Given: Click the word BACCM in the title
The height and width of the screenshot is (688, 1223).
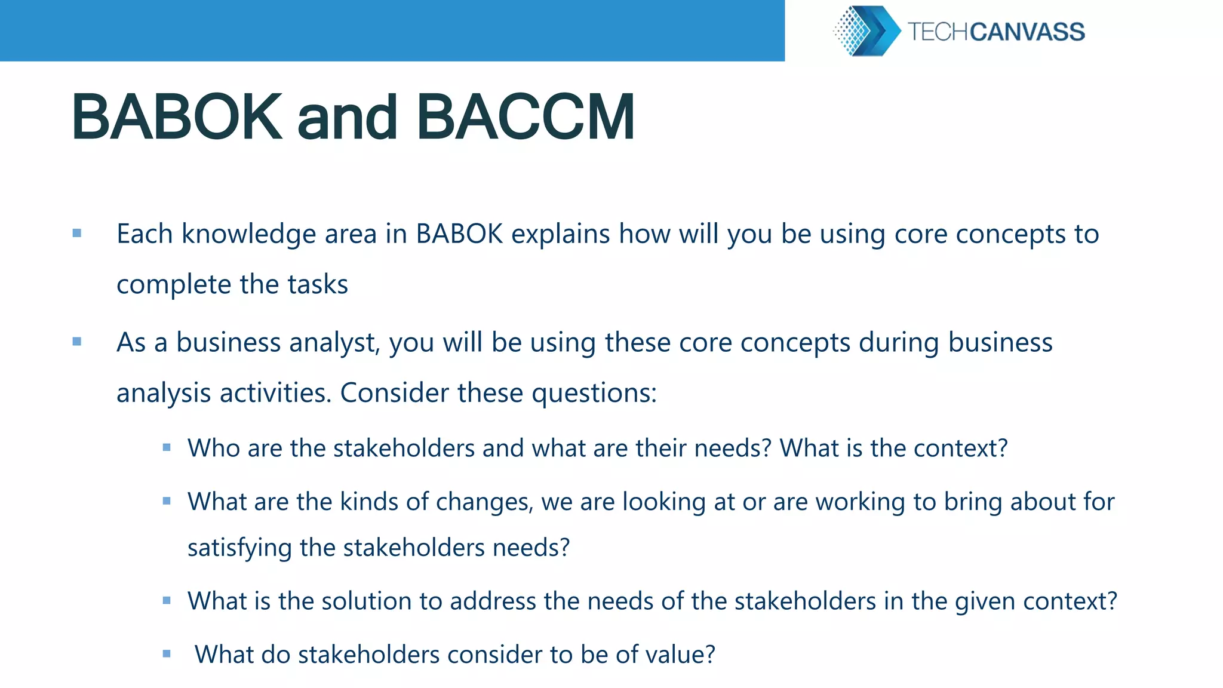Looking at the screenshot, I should tap(526, 118).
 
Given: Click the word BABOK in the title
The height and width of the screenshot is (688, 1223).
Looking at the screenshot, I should tap(176, 118).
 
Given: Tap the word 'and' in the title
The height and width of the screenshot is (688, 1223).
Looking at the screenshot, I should tap(347, 119).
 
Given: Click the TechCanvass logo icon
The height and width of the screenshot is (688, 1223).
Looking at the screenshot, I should tap(866, 31).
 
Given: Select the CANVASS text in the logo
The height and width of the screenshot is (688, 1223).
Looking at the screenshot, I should tap(1027, 32).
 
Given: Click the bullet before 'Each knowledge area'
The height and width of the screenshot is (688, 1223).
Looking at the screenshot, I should tap(77, 234).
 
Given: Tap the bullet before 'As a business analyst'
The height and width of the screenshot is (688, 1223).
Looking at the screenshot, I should tap(77, 342).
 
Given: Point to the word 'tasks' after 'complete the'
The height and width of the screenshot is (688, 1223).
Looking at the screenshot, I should tap(318, 284).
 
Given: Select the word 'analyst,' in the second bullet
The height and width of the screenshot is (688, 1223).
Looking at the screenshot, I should tap(336, 343).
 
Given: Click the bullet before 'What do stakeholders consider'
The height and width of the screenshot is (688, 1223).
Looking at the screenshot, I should tap(167, 654).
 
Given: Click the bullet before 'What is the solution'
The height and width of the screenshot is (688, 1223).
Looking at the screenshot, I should tap(167, 601).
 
